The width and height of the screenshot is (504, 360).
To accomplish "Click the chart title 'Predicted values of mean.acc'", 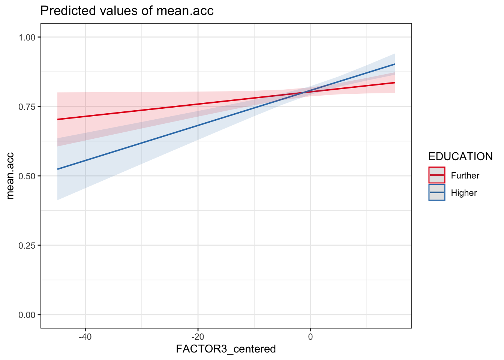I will coord(127,10).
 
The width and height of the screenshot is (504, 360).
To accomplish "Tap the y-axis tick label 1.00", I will coord(27,37).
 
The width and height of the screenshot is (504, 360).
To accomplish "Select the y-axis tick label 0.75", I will coord(27,106).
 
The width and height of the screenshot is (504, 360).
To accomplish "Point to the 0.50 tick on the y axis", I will coord(27,176).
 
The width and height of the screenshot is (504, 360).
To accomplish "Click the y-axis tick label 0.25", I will coord(27,245).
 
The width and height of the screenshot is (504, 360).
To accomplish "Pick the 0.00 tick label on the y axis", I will coord(27,315).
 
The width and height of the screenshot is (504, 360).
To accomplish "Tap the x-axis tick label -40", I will coord(85,336).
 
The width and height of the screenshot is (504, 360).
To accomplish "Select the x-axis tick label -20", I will coord(198,336).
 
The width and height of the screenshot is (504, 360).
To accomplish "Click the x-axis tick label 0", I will coord(310,336).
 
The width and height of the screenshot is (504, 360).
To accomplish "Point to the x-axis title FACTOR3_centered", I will coord(226,349).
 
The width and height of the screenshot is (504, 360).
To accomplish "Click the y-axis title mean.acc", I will coord(10,176).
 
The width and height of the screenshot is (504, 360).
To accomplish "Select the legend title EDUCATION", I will coord(460,156).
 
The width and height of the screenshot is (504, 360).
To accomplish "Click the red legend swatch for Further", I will coord(437,175).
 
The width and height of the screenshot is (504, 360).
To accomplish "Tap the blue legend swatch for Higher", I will coord(437,192).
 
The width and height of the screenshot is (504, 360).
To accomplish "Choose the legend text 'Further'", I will coord(465,175).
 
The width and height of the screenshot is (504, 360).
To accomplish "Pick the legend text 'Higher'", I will coord(464,193).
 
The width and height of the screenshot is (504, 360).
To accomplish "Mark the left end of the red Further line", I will coord(57,119).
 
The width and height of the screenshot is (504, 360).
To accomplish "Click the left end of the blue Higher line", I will coord(57,169).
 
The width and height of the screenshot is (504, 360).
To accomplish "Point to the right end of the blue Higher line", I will coord(394,64).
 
